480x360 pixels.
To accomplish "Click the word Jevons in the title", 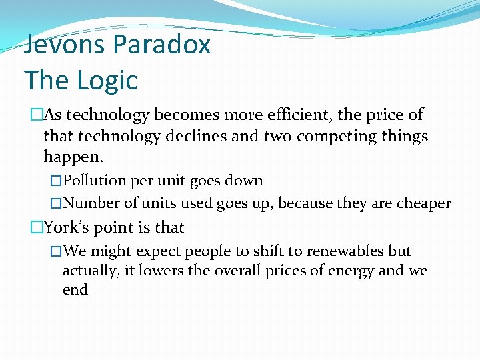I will [65, 45].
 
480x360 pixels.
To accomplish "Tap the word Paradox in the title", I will [162, 45].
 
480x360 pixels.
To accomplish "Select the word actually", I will [89, 271].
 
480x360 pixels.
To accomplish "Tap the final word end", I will [75, 290].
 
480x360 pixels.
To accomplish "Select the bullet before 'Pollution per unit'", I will [56, 181].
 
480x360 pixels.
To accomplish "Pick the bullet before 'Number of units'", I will [56, 203].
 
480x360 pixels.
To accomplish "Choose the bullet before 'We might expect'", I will [56, 251].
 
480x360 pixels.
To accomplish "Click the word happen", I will [72, 158].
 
